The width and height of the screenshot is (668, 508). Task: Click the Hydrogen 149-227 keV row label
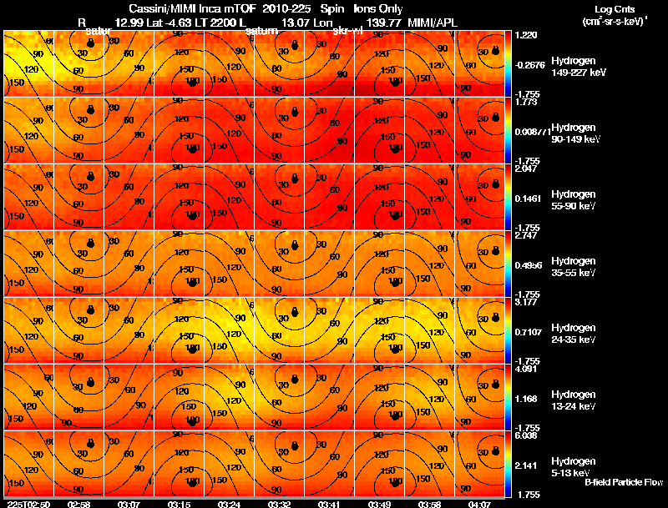(579, 67)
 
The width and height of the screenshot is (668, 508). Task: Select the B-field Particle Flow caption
(623, 482)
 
